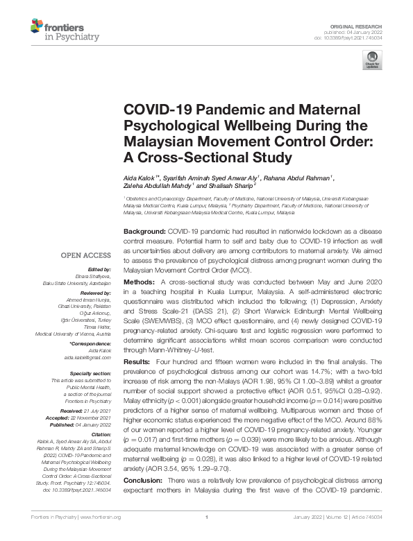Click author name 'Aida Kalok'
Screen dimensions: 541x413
click(x=142, y=178)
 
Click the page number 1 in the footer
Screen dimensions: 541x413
click(x=207, y=536)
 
